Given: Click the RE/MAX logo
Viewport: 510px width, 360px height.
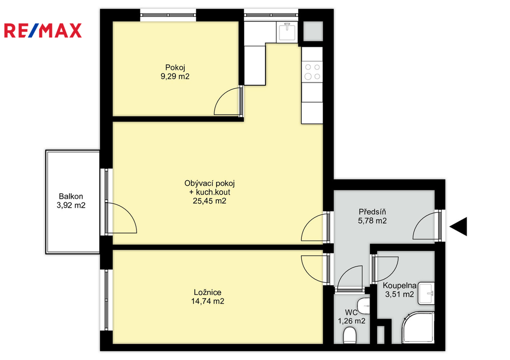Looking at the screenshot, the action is point(43,30).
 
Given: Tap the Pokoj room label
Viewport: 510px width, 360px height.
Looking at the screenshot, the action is point(175,68).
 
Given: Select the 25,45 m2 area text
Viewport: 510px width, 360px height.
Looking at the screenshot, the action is point(210,201).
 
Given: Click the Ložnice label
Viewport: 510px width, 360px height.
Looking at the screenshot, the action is point(208,292).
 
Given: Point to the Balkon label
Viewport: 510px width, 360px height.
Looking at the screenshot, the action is point(71,196).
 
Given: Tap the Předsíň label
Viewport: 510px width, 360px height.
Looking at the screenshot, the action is point(372,212).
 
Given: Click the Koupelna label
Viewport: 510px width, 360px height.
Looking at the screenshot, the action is point(399,285).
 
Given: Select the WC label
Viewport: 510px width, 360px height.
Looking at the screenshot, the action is point(351,313).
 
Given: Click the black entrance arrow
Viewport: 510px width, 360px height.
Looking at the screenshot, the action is point(458,227).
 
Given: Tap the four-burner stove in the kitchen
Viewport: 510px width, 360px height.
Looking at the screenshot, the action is point(312,72).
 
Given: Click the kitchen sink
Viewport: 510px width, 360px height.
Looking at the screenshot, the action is point(286,31).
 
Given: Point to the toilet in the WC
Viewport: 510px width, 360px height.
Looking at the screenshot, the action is point(350,335).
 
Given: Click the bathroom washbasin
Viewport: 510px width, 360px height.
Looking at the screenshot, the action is point(426,294).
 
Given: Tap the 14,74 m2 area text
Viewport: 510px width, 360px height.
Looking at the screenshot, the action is point(208,301).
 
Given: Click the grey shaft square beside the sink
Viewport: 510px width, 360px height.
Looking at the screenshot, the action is point(313,31).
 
